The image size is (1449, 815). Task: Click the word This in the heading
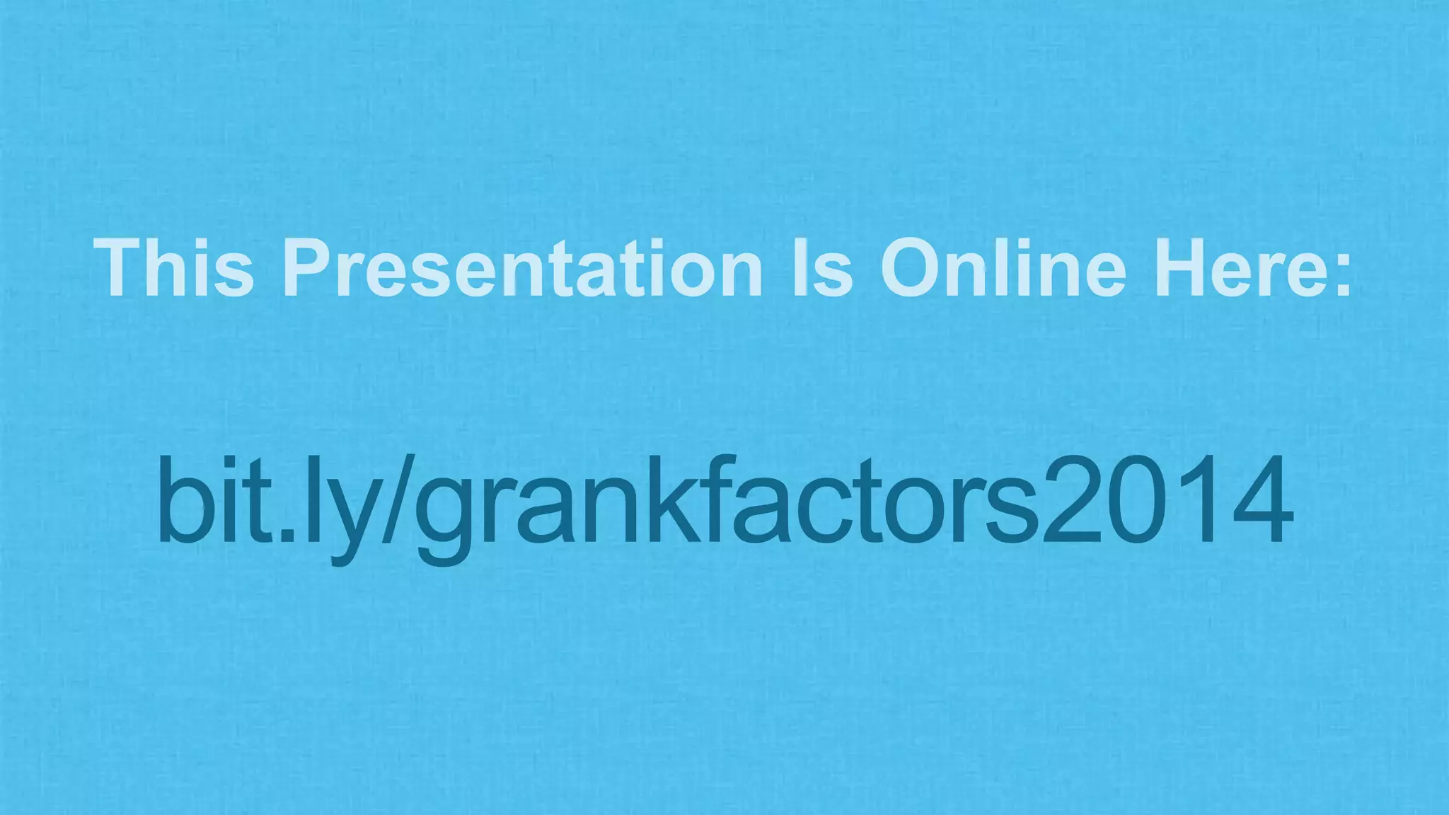174,269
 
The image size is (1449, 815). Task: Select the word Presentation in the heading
524,269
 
